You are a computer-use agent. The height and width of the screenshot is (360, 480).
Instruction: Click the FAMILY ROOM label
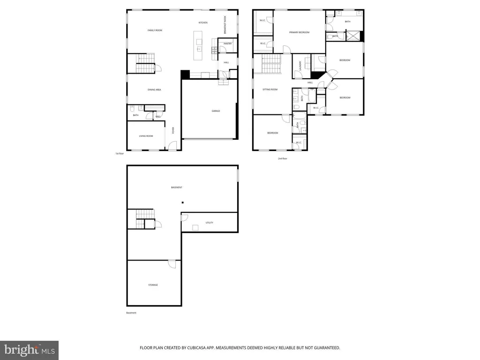pyautogui.click(x=155, y=30)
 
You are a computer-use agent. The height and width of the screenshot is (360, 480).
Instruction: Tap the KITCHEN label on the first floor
pyautogui.click(x=203, y=22)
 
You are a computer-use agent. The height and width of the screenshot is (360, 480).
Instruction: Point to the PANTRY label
pyautogui.click(x=228, y=44)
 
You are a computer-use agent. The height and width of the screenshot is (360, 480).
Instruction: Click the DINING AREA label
pyautogui.click(x=154, y=89)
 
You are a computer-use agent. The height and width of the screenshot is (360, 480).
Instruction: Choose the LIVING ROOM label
pyautogui.click(x=146, y=136)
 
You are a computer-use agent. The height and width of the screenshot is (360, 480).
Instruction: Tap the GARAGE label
pyautogui.click(x=216, y=111)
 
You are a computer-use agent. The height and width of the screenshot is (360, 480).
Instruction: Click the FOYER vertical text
pyautogui.click(x=173, y=130)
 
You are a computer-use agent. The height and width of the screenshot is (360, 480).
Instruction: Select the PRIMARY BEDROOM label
pyautogui.click(x=299, y=32)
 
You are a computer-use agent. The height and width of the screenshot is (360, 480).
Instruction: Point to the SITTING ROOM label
pyautogui.click(x=270, y=89)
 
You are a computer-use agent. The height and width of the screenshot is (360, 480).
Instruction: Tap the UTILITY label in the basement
pyautogui.click(x=209, y=223)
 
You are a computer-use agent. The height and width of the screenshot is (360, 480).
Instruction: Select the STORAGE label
pyautogui.click(x=153, y=285)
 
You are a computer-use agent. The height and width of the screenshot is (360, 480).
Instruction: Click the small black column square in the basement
pyautogui.click(x=183, y=202)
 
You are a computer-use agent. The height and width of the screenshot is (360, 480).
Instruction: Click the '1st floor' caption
pyautogui.click(x=120, y=154)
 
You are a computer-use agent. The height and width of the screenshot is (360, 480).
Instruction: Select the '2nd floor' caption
pyautogui.click(x=282, y=158)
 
